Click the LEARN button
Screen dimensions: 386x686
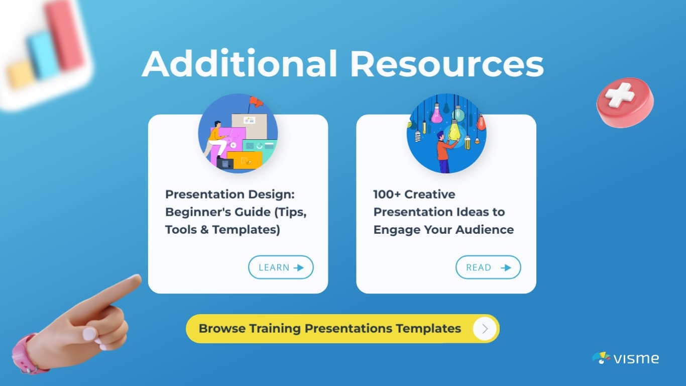coord(280,267)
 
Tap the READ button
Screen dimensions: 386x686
coord(488,267)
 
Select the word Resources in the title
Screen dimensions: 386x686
coord(446,64)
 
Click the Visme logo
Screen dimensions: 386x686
coord(625,358)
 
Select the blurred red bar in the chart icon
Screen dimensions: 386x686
coord(65,35)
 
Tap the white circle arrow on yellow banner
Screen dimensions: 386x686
coord(485,329)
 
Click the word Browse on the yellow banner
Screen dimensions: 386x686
coord(221,329)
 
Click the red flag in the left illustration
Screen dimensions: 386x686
coord(256,102)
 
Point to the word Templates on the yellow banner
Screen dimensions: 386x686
coord(428,329)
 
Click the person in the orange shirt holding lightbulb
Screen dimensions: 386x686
coord(442,151)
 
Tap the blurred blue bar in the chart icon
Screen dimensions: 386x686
coord(43,55)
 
